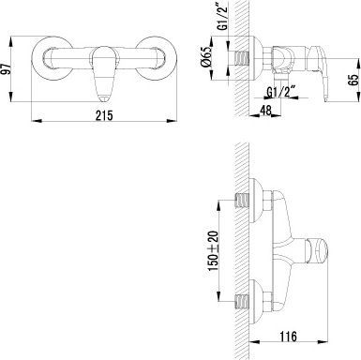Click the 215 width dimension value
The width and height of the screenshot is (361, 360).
tap(104, 115)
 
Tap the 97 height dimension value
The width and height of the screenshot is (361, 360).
tap(6, 68)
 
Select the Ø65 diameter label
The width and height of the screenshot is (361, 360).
tap(206, 57)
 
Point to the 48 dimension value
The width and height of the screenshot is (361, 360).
tap(265, 110)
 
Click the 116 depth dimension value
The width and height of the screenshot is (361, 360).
tap(288, 337)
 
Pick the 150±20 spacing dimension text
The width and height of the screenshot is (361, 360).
tap(214, 251)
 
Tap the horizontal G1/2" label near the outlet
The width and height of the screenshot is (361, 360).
tap(281, 92)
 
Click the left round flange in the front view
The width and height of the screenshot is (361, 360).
tap(38, 59)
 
